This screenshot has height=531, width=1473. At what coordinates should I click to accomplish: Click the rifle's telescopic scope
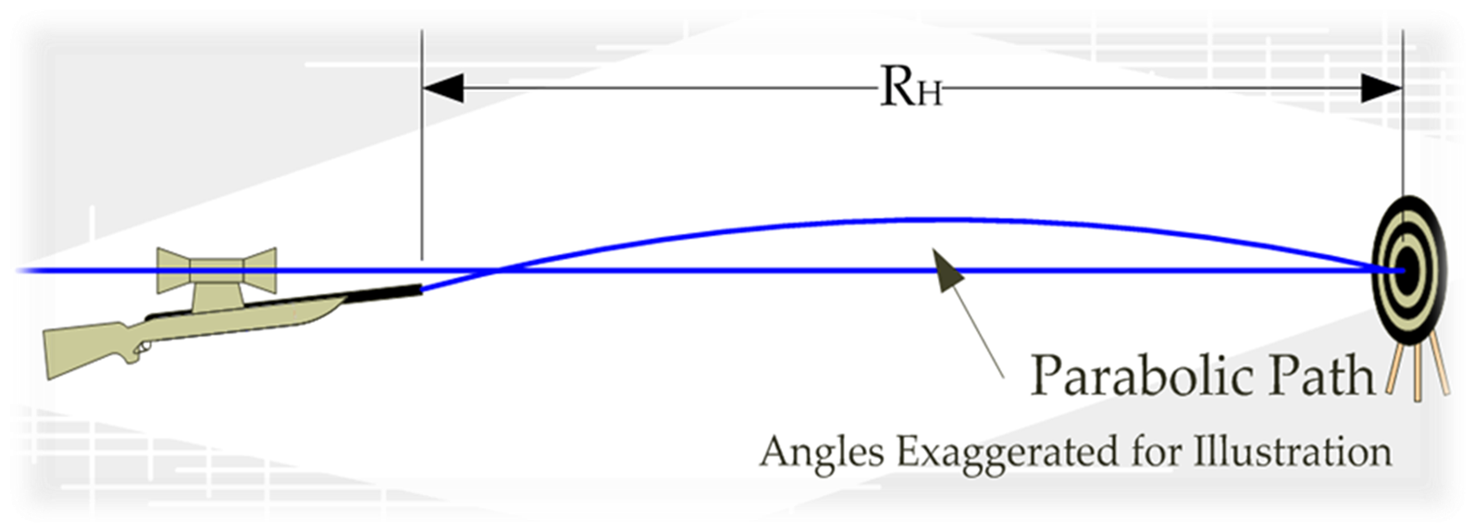(217, 267)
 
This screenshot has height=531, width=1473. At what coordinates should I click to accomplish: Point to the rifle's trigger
(142, 349)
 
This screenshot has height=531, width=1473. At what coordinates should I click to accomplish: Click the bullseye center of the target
(1403, 270)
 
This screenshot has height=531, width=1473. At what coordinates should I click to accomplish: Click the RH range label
(910, 90)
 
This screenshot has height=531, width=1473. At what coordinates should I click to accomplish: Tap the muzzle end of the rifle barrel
(420, 289)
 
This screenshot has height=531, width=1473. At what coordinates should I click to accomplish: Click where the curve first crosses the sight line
(500, 270)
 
